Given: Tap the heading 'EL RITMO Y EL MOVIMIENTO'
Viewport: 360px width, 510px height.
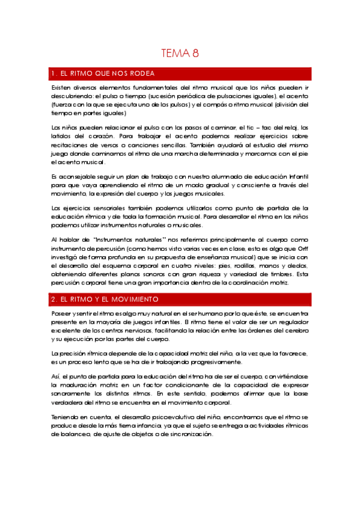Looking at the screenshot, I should [109, 299].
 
